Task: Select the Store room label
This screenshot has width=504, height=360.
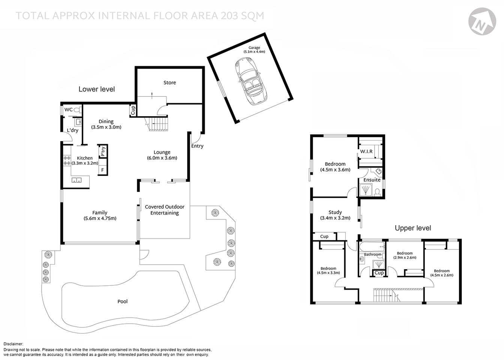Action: pos(169,82)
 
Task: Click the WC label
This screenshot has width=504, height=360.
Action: pos(69,109)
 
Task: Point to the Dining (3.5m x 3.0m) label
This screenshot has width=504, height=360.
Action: pos(106,124)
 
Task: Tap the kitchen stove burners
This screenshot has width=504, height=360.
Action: pos(67,160)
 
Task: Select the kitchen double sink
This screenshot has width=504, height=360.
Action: pos(77,180)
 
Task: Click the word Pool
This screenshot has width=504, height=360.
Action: pos(123,301)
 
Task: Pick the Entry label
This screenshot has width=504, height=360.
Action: pos(197,146)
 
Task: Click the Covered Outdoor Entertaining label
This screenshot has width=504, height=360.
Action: pos(165,210)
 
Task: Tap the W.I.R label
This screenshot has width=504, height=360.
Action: pos(366,151)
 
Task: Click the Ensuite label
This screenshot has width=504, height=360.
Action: pos(372,180)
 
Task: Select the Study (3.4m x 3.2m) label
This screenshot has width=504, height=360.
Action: pos(335,215)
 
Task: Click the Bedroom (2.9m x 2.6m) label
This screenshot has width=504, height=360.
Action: pos(405,255)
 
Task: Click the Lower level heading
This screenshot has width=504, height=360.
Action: pos(96,89)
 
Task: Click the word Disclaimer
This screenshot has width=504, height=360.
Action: pos(13,344)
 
